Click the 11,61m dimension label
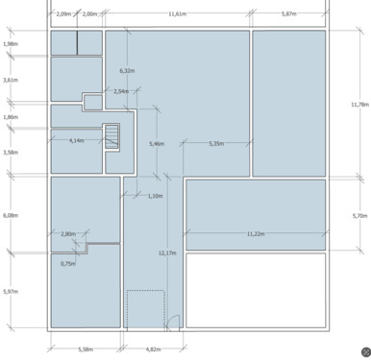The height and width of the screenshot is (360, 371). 177,14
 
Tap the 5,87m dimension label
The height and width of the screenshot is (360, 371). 288,14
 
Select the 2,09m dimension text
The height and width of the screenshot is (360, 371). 63,14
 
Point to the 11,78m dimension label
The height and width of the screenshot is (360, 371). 360,105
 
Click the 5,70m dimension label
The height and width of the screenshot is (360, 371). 360,216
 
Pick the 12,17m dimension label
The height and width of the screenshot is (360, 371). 167,253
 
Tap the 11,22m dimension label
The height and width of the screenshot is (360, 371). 256,234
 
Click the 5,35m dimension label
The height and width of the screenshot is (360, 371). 216,144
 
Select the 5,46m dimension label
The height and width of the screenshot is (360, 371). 157,144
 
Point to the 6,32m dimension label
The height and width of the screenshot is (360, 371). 127,71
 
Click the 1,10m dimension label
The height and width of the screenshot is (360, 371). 155,196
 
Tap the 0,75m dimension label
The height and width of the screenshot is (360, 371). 68,264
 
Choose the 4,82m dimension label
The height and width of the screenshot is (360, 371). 153,349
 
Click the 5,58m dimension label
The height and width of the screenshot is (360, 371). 86,349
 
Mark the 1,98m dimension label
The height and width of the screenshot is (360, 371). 11,44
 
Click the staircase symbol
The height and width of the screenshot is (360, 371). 111,136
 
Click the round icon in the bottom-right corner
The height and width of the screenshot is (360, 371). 366,352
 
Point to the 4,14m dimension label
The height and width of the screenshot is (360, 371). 77,140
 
